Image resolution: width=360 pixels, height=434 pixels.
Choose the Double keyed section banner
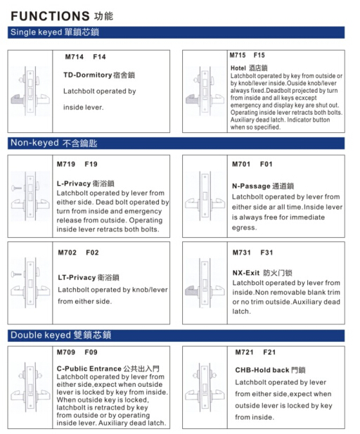[60, 335]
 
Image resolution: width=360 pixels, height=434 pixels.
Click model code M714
[73, 57]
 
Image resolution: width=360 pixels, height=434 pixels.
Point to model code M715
[238, 55]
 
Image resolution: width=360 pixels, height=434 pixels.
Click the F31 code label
[266, 253]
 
